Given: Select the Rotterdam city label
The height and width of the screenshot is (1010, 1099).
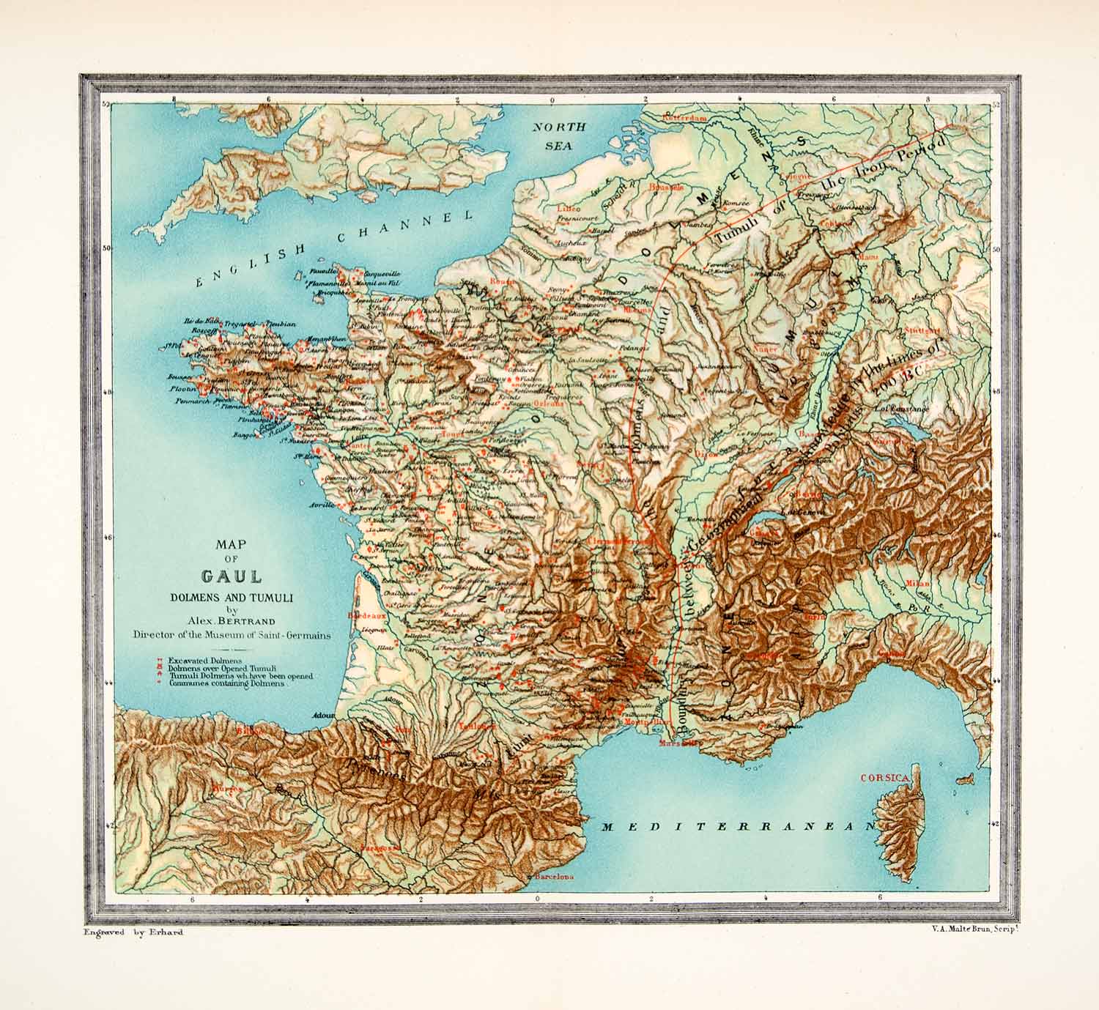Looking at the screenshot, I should [x=685, y=117].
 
